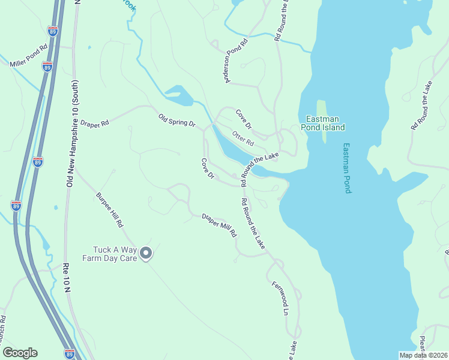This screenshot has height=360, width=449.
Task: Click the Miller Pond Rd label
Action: (x=28, y=55)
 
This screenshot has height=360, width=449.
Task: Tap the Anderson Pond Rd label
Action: (x=237, y=61)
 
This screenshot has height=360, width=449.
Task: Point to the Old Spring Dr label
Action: (x=177, y=119)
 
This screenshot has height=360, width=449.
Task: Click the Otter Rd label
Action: (x=243, y=139)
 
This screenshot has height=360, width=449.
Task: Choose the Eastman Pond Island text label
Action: (x=325, y=123)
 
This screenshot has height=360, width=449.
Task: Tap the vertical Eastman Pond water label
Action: (x=346, y=168)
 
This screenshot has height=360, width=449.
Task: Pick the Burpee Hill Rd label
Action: (x=109, y=209)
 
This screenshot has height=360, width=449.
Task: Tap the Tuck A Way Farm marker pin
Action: (x=146, y=254)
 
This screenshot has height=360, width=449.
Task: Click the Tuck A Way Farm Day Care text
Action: (x=115, y=254)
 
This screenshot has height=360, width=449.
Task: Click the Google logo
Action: (x=20, y=353)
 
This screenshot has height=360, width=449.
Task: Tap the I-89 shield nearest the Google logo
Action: (x=70, y=353)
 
